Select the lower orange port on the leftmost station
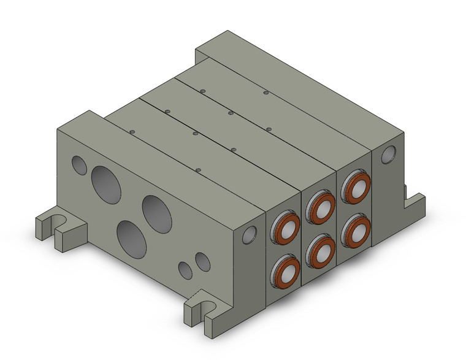point(285,268)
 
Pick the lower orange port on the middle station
point(320,248)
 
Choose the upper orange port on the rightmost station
point(355,186)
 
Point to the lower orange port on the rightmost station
point(355,228)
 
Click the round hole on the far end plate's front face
point(388,155)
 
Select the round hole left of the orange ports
point(249,235)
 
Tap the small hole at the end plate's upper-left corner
point(79,164)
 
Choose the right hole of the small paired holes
point(202,262)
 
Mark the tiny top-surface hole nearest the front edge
point(197,169)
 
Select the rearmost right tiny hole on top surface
point(266,93)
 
